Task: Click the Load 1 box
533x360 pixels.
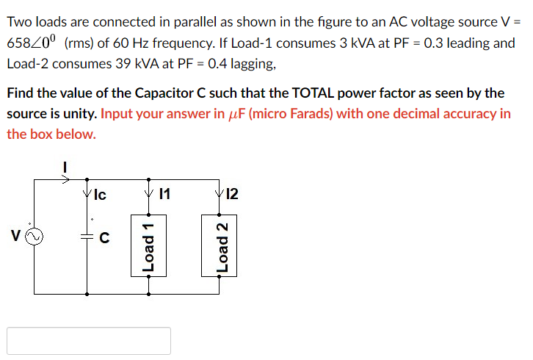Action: (x=149, y=245)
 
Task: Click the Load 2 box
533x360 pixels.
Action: (x=220, y=245)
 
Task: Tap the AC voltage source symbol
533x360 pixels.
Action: (x=30, y=237)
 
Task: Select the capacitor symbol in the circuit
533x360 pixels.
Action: (x=87, y=236)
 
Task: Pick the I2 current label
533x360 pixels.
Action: (x=233, y=195)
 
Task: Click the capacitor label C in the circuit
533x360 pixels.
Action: (x=104, y=237)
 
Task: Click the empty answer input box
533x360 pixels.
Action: (x=89, y=341)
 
